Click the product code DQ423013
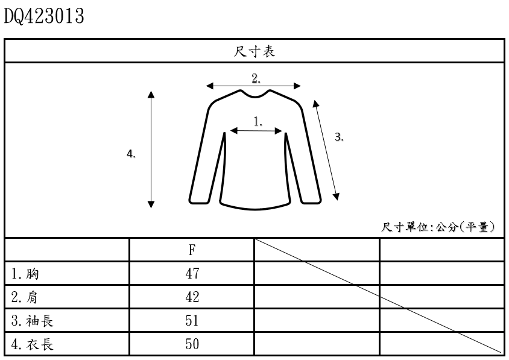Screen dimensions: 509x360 [x=43, y=16]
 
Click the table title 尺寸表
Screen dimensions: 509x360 [x=255, y=51]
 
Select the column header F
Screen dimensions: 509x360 [x=192, y=250]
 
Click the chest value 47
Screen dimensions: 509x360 [x=192, y=274]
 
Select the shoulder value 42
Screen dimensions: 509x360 [x=192, y=297]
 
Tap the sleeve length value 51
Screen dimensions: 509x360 [x=192, y=321]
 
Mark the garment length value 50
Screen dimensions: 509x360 [x=192, y=344]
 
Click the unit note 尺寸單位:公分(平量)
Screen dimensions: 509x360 [x=438, y=227]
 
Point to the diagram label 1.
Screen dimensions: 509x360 [x=258, y=121]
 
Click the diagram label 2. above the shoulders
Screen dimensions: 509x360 [x=256, y=78]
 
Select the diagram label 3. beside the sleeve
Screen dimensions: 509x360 [x=340, y=137]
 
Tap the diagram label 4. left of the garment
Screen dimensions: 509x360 [x=131, y=154]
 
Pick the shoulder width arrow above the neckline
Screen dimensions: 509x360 [x=253, y=86]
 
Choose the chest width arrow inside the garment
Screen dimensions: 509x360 [x=257, y=130]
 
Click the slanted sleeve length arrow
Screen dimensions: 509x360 [x=326, y=150]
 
